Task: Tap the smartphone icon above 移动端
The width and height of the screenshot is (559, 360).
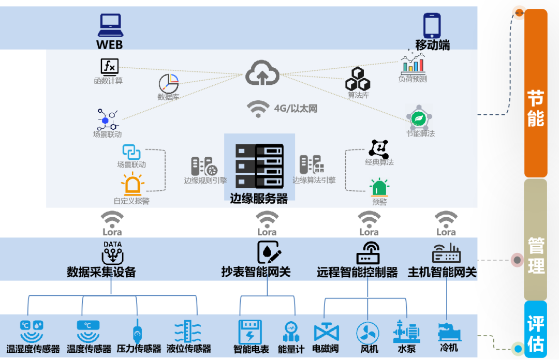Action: (432, 25)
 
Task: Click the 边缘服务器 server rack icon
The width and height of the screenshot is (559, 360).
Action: (259, 166)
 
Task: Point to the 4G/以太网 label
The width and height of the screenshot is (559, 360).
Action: (295, 109)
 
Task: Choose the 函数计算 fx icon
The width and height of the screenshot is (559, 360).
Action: (109, 67)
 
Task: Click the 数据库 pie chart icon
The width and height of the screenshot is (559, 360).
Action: (168, 84)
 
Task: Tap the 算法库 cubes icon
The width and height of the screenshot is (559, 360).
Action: (358, 79)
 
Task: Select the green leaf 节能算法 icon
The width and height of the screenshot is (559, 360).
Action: (418, 118)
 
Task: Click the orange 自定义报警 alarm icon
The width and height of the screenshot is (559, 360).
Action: (133, 185)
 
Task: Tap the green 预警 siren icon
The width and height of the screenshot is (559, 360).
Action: (379, 188)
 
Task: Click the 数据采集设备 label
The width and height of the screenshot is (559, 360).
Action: (101, 272)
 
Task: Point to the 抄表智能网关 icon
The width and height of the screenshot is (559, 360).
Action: (269, 252)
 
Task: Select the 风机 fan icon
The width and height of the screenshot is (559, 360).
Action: (367, 333)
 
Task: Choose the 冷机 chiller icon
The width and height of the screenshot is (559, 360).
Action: (449, 332)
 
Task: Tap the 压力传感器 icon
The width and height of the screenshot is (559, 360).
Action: (137, 333)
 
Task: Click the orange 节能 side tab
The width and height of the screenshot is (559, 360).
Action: (536, 93)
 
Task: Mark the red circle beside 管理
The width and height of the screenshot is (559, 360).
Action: (517, 260)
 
